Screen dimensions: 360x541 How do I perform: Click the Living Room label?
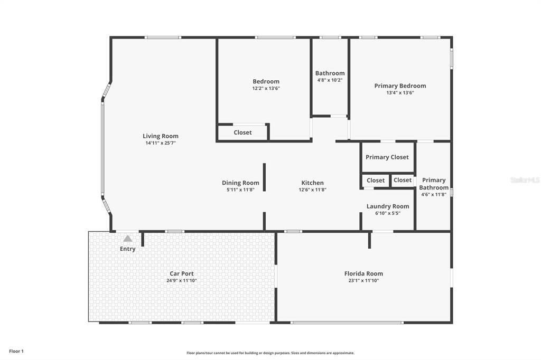tap(161, 136)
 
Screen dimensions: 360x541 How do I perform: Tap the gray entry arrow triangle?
tap(127, 239)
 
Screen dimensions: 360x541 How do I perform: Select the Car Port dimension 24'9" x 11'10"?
tap(181, 281)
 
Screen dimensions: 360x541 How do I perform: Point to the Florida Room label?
tap(363, 273)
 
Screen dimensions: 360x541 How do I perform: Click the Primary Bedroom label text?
tap(400, 86)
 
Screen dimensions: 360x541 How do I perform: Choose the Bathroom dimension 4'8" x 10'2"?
tap(330, 80)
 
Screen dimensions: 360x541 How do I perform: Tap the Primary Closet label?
tap(387, 157)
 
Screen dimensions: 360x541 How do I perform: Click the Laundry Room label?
tap(387, 206)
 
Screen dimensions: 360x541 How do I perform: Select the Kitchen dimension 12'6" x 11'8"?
tap(312, 190)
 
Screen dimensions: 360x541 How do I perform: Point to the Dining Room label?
tap(240, 183)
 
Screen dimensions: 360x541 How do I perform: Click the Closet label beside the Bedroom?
tap(242, 132)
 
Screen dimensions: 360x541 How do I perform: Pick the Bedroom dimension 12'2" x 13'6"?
tap(266, 88)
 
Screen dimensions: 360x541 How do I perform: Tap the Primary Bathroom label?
tap(434, 184)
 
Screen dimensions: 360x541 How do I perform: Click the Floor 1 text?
tap(16, 351)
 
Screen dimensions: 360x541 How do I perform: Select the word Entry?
tap(128, 249)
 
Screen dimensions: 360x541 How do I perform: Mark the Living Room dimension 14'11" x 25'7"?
tap(161, 143)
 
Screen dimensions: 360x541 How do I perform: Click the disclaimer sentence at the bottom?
tap(270, 353)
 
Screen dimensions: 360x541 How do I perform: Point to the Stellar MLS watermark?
tap(525, 180)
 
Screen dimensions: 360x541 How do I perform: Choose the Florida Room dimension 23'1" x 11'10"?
tap(363, 281)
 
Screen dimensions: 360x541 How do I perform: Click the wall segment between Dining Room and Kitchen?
tap(264, 177)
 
